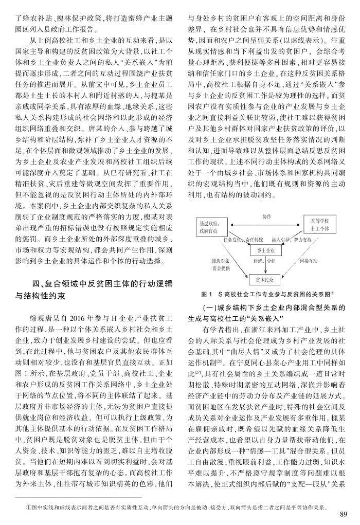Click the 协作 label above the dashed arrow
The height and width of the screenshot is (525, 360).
pyautogui.click(x=266, y=217)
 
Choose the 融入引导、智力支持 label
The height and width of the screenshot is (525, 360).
pyautogui.click(x=291, y=240)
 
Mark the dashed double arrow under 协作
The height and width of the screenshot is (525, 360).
pyautogui.click(x=265, y=223)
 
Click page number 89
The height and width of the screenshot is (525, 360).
pyautogui.click(x=344, y=515)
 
